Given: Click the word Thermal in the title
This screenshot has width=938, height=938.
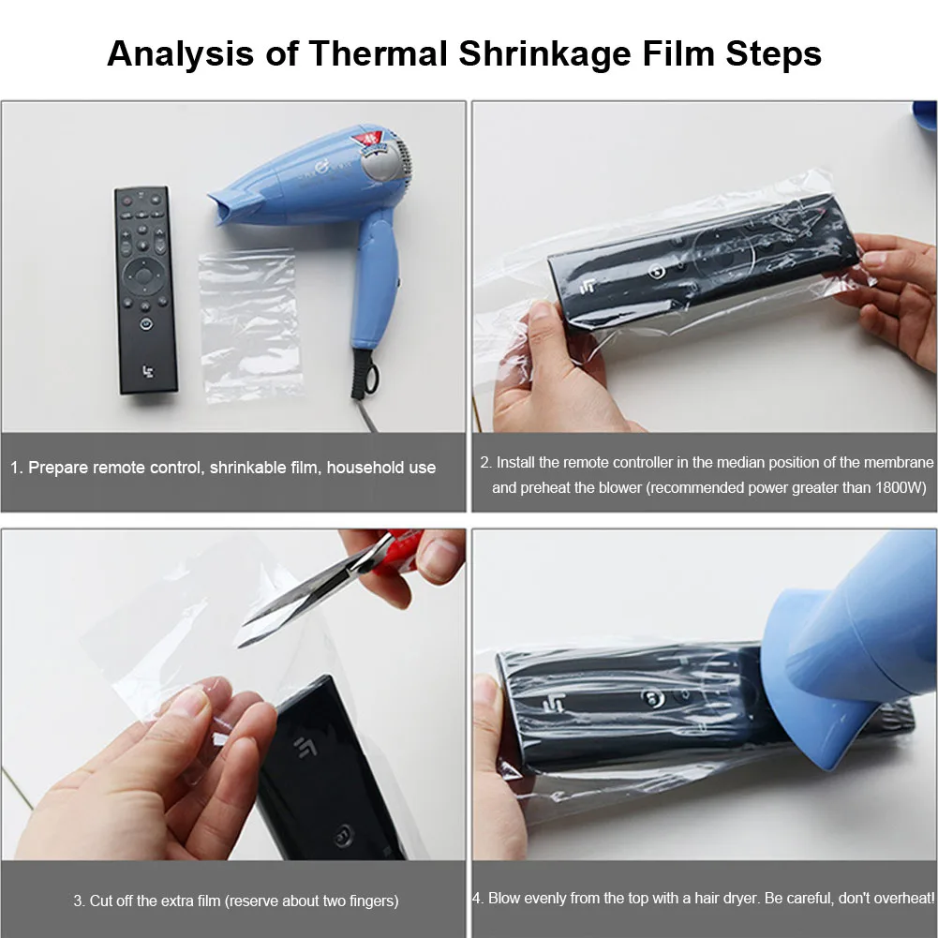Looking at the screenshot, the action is (378, 53).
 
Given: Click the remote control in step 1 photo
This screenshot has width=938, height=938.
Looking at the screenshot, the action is (145, 290).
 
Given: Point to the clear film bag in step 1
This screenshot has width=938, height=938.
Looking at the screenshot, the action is (250, 326).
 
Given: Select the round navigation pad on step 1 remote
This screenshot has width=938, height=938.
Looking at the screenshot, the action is (143, 276).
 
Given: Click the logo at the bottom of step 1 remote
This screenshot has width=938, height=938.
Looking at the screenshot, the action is (148, 372).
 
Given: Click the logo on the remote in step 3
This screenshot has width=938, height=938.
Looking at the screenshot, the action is (305, 747).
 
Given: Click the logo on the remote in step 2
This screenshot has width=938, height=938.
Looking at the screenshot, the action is (588, 287).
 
